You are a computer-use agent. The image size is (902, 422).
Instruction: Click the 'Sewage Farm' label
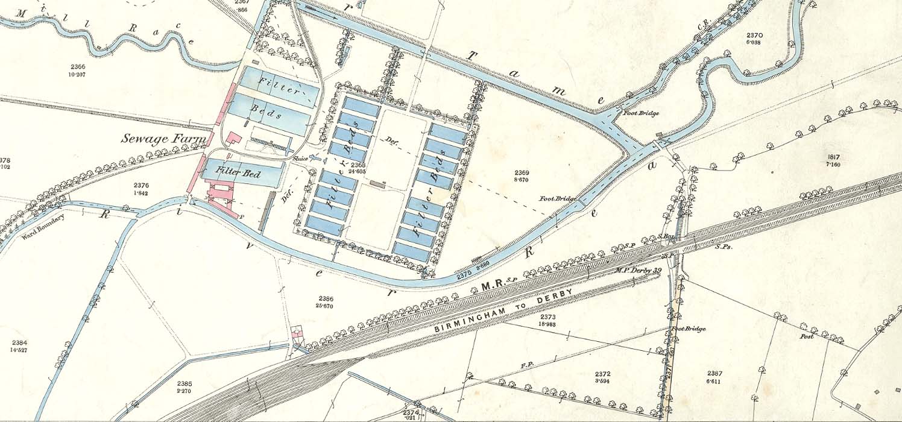coord(163,138)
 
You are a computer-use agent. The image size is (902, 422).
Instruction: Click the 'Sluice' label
coord(300,159)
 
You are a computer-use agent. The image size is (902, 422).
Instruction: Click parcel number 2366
coord(78,66)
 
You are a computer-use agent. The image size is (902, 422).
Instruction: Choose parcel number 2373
coord(547,316)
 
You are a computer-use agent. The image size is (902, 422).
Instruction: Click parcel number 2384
coord(19,342)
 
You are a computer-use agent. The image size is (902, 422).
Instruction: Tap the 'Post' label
coord(806,336)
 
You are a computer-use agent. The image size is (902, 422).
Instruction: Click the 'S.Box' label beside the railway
coord(665,236)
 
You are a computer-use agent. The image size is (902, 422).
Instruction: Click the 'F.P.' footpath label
coord(526,365)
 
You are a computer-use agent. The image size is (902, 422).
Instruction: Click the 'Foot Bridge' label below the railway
coord(688,329)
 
